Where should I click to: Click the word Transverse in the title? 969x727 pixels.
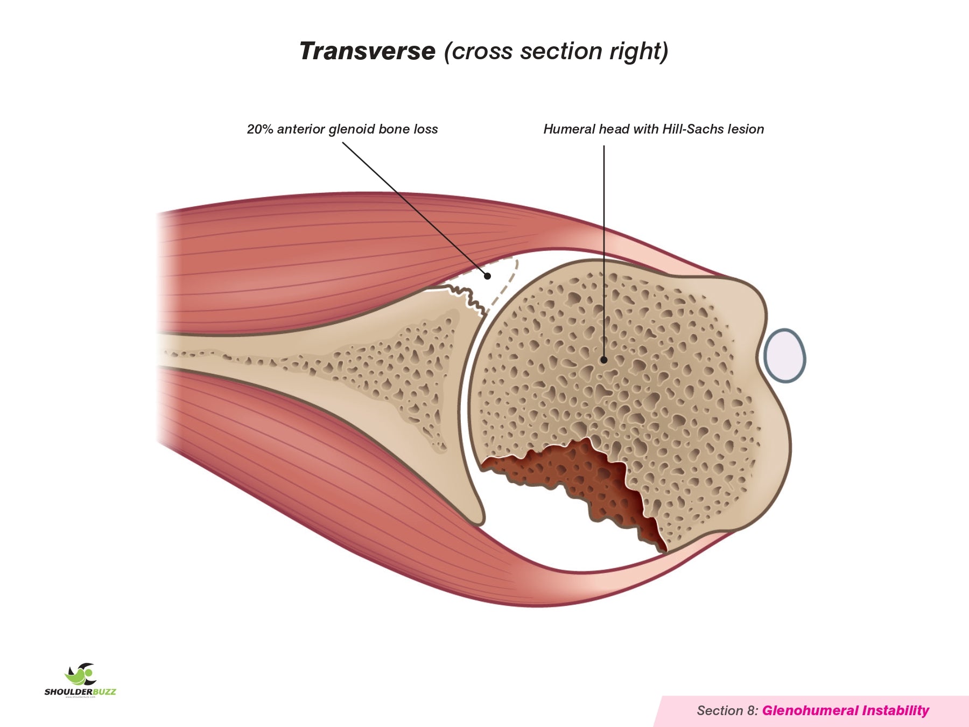coord(367,52)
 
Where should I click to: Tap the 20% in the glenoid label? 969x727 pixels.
coord(259,129)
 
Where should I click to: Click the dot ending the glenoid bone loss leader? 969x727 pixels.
coord(487,276)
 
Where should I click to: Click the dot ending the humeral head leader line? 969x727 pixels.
coord(604,360)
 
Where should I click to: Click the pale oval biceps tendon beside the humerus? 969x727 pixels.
coord(785,356)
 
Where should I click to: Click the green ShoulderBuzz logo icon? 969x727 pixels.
coord(81,674)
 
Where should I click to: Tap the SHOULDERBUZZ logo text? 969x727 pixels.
coord(80,692)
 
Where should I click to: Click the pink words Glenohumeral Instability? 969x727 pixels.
coord(845,711)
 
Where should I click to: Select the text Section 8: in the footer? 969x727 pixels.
coord(727,711)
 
